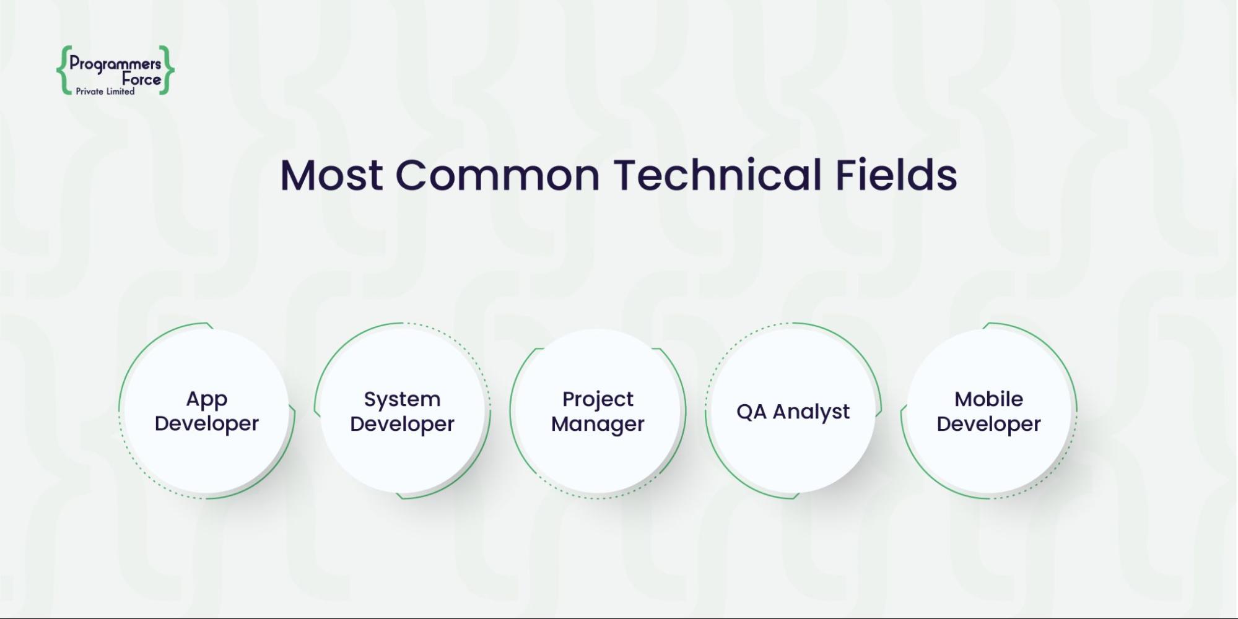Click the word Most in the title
[x=331, y=175]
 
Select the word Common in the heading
[x=498, y=175]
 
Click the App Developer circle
[x=207, y=411]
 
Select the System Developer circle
[x=403, y=411]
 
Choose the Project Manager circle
[x=598, y=411]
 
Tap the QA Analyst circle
[x=793, y=411]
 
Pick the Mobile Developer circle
[x=989, y=411]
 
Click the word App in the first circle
[x=207, y=400]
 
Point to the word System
[x=402, y=400]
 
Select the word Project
[x=598, y=400]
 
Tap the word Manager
[x=598, y=425]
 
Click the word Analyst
[x=811, y=412]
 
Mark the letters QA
[x=751, y=412]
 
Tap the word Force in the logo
[x=141, y=79]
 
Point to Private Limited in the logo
[x=105, y=92]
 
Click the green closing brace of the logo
[x=167, y=70]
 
